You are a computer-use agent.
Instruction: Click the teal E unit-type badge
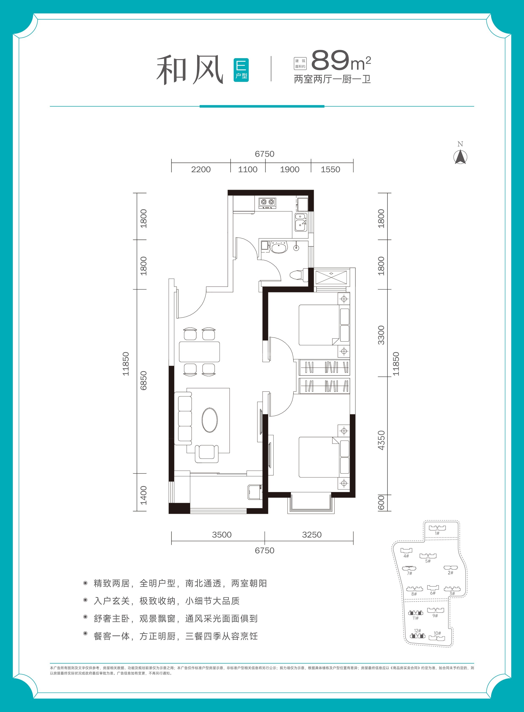pos(241,70)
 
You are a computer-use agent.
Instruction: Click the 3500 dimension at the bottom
pos(222,535)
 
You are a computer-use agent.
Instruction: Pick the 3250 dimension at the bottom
pos(312,535)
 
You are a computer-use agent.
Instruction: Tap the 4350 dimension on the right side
pos(381,440)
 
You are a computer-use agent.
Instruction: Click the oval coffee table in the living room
pos(210,420)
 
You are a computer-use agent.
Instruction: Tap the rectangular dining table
pos(199,352)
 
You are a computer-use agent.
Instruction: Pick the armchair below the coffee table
pos(206,454)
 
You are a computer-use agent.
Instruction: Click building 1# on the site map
pos(437,528)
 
